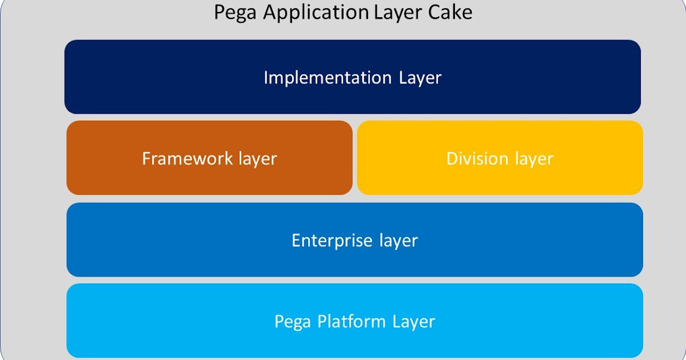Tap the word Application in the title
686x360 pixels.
315,13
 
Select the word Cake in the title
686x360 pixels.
452,12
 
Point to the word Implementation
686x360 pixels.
328,78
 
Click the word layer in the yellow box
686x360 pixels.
534,159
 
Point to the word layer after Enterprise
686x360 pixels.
398,241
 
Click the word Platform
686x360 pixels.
352,322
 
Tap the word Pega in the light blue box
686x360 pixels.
293,322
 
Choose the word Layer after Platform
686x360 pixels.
413,322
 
